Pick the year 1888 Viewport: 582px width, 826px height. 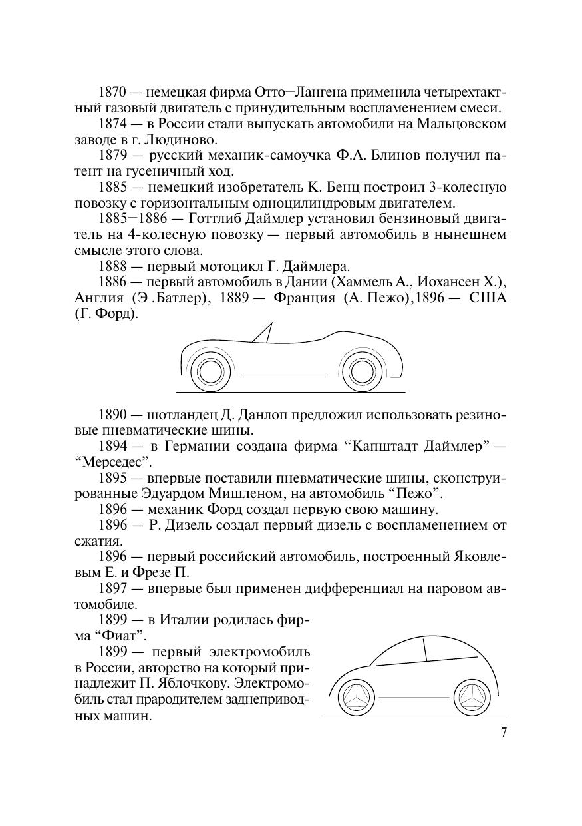[x=114, y=266]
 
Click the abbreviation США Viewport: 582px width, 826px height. [x=488, y=298]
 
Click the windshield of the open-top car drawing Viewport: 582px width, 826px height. [x=264, y=333]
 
